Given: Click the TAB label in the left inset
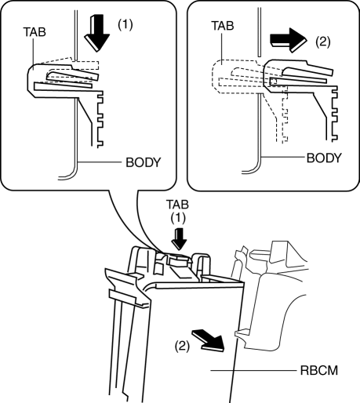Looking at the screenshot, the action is click(35, 32).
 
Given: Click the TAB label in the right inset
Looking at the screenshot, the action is click(223, 26).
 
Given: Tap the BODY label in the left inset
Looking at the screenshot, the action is click(144, 162).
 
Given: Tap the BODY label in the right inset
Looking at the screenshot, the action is click(324, 158).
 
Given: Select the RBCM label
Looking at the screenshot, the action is click(319, 370).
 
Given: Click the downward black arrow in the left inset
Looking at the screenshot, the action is click(96, 33).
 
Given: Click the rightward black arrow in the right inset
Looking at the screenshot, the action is click(288, 41).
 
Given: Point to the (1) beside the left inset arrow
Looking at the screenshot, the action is click(125, 25).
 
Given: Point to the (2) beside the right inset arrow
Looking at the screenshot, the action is click(323, 42).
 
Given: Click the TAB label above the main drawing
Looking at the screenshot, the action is click(177, 205).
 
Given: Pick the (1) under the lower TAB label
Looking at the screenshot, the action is click(178, 218).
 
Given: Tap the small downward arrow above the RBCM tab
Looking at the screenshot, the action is click(180, 239).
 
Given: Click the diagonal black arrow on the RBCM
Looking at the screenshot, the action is click(209, 339).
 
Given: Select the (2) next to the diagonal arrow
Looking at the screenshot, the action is click(182, 347).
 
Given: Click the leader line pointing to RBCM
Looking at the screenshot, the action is click(253, 370).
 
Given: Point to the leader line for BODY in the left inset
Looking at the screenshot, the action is click(100, 162).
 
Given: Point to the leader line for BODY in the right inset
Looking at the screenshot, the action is click(283, 158).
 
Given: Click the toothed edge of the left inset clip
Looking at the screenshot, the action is click(100, 119).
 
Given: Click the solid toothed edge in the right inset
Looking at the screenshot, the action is click(334, 114).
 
